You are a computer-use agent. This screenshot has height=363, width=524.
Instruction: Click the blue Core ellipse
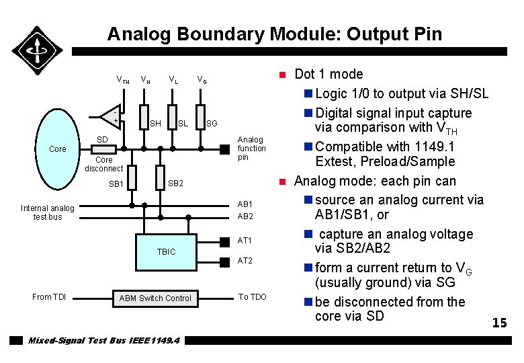58,149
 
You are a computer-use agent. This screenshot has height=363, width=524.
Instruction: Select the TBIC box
166,251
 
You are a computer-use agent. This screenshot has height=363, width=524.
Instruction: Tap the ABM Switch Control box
155,298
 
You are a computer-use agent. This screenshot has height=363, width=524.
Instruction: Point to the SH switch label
155,123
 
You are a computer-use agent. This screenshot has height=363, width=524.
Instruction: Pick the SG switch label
212,123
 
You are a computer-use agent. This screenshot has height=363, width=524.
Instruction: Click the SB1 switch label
116,184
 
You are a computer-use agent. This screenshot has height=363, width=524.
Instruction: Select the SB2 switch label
175,184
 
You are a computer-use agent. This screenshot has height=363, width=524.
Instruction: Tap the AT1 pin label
245,240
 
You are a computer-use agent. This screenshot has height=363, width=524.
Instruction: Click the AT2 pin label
245,260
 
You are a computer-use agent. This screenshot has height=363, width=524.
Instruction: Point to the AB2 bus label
245,216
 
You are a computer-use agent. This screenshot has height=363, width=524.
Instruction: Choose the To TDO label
253,297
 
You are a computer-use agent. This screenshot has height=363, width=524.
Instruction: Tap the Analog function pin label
252,149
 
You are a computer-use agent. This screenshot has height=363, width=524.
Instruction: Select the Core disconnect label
104,164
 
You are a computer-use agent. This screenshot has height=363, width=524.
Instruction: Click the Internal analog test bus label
47,212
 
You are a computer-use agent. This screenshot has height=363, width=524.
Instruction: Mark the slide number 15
499,323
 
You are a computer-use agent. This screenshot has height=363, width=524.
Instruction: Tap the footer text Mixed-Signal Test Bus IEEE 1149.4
103,340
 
